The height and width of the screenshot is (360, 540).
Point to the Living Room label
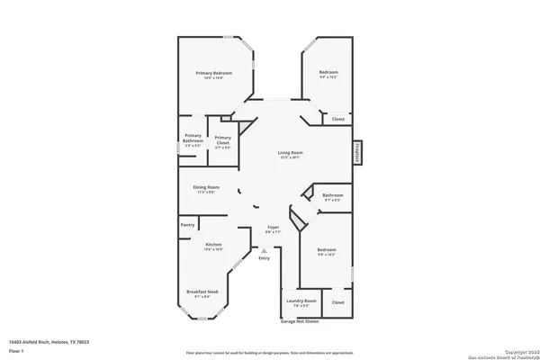pos(290,153)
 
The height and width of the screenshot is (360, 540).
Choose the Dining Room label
pos(206,186)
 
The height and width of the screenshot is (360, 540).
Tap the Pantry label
pos(187,225)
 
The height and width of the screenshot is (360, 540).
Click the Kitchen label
pos(213,246)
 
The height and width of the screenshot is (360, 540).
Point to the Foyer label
pos(274,229)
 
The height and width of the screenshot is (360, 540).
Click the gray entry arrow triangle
pos(264,250)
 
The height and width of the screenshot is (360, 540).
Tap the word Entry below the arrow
pos(264,259)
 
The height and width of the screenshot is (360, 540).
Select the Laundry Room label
pos(301,301)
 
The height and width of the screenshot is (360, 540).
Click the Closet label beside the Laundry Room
pos(337,302)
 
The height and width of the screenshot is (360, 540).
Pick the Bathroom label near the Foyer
pos(333,195)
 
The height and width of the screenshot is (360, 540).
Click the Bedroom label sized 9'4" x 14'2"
pos(329,72)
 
